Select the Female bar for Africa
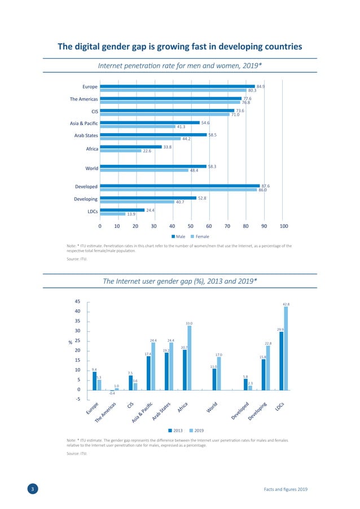[120, 151]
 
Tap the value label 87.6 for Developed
[265, 186]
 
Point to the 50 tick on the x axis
[190, 226]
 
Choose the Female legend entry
[200, 236]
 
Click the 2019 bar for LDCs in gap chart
[286, 348]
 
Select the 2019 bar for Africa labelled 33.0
[189, 357]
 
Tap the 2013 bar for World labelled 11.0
[214, 379]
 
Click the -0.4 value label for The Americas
[112, 393]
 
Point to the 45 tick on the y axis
[78, 301]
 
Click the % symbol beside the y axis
[70, 342]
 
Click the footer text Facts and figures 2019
[286, 489]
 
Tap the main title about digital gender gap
[180, 46]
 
